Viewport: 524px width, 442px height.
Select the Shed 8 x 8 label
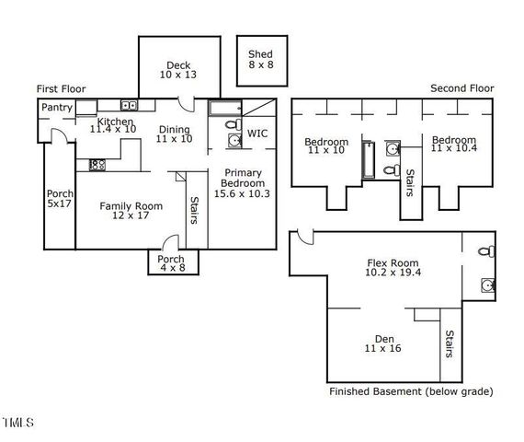tap(260, 61)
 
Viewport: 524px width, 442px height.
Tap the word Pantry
tap(57, 109)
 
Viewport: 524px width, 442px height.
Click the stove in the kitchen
tap(96, 165)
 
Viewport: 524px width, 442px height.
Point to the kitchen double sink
tap(128, 105)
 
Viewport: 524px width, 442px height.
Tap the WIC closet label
tap(258, 134)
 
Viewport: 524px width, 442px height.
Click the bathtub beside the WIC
tap(225, 109)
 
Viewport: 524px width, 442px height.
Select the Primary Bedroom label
tap(242, 183)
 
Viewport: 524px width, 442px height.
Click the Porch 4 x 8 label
tap(171, 263)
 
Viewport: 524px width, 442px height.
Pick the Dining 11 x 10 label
tap(173, 134)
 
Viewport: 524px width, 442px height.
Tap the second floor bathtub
tap(366, 159)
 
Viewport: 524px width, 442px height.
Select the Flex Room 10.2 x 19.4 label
tap(388, 268)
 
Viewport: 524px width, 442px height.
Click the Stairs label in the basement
tap(449, 346)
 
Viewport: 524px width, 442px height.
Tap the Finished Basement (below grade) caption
tap(410, 392)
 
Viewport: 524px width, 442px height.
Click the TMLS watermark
tap(17, 424)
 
